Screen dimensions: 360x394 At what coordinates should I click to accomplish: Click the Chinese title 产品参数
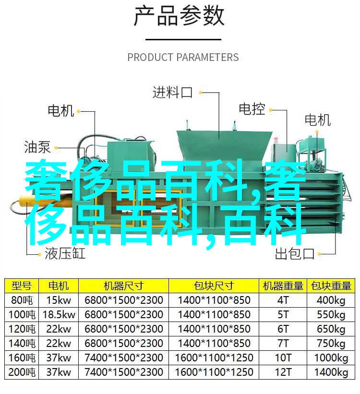tap(179, 16)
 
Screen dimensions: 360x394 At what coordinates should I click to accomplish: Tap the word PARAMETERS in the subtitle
tap(207, 58)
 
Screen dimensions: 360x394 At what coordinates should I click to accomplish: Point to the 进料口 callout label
tap(173, 93)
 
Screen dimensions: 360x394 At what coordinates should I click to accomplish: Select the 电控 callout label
tap(252, 109)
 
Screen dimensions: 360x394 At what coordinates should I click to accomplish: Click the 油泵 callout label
tap(37, 147)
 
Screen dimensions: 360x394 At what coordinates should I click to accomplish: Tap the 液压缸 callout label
tap(65, 253)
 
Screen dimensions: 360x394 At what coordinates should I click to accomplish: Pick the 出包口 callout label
tap(295, 254)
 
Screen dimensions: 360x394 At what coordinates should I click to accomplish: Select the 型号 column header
tap(22, 286)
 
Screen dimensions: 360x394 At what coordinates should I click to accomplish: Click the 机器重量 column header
tap(283, 286)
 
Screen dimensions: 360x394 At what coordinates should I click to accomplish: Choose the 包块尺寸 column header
tap(214, 286)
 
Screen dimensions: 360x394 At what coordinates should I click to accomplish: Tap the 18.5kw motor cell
tap(59, 315)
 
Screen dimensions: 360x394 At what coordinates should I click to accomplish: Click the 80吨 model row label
tap(22, 300)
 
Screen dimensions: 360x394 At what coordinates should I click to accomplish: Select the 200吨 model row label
tap(22, 372)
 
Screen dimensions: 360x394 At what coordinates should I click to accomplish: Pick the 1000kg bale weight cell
tap(331, 358)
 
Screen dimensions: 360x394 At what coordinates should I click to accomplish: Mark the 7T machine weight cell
tap(283, 344)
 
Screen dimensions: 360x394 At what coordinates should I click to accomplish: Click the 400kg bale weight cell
tap(331, 300)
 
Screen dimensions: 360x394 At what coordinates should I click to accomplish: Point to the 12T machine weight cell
tap(283, 372)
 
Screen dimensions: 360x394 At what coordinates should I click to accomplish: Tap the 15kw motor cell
tap(59, 300)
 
